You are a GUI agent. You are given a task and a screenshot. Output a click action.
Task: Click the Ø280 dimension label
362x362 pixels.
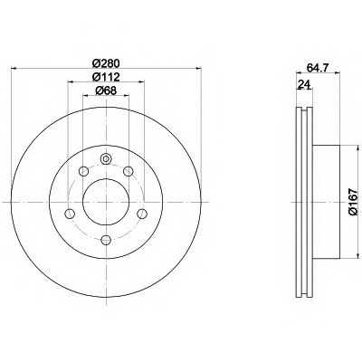(x=106, y=63)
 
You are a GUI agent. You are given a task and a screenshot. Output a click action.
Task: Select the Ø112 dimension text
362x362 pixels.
(x=106, y=77)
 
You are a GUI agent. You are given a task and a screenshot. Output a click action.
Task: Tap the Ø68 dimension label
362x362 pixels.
(x=106, y=90)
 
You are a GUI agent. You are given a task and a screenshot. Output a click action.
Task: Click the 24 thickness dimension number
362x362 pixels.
(x=304, y=85)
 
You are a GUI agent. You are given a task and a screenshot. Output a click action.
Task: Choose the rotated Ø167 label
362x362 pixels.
(x=353, y=202)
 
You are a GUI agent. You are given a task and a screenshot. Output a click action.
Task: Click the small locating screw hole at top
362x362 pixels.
(x=106, y=158)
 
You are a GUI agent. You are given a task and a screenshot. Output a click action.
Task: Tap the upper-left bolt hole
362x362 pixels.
(x=83, y=172)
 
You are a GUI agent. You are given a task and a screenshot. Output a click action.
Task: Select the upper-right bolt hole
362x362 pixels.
(x=129, y=172)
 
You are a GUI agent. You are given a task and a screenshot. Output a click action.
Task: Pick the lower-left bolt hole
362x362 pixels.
(x=70, y=214)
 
